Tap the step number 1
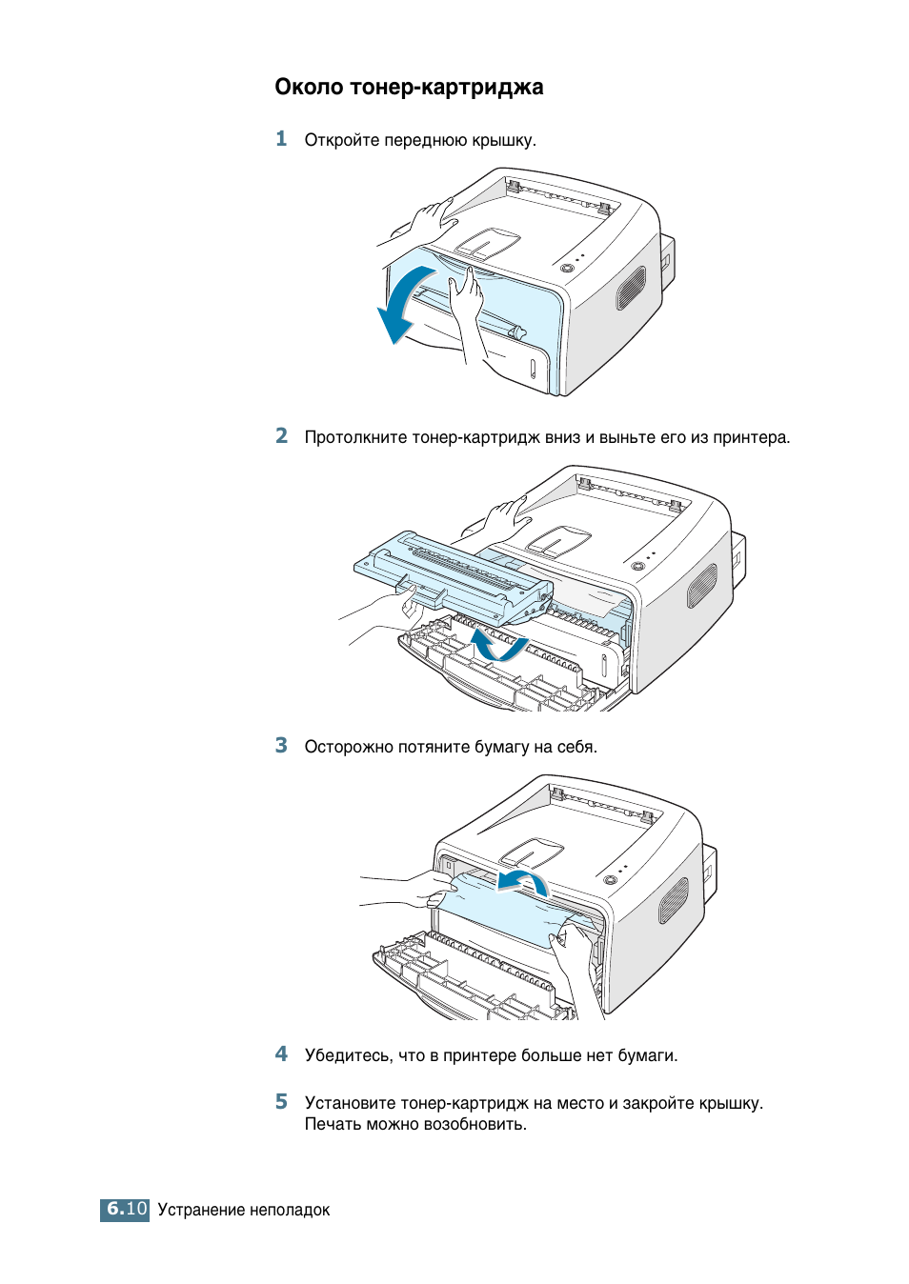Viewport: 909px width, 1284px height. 281,139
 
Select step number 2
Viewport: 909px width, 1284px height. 281,436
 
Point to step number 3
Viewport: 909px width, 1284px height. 281,746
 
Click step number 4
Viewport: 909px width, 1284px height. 281,1054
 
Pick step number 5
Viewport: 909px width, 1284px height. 281,1102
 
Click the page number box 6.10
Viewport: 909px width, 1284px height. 125,1210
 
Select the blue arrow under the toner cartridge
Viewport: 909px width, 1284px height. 497,645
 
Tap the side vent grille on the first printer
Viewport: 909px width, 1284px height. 630,288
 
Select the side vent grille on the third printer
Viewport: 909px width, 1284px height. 674,900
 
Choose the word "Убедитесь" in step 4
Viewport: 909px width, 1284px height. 348,1056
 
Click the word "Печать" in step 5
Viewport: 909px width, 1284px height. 333,1125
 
